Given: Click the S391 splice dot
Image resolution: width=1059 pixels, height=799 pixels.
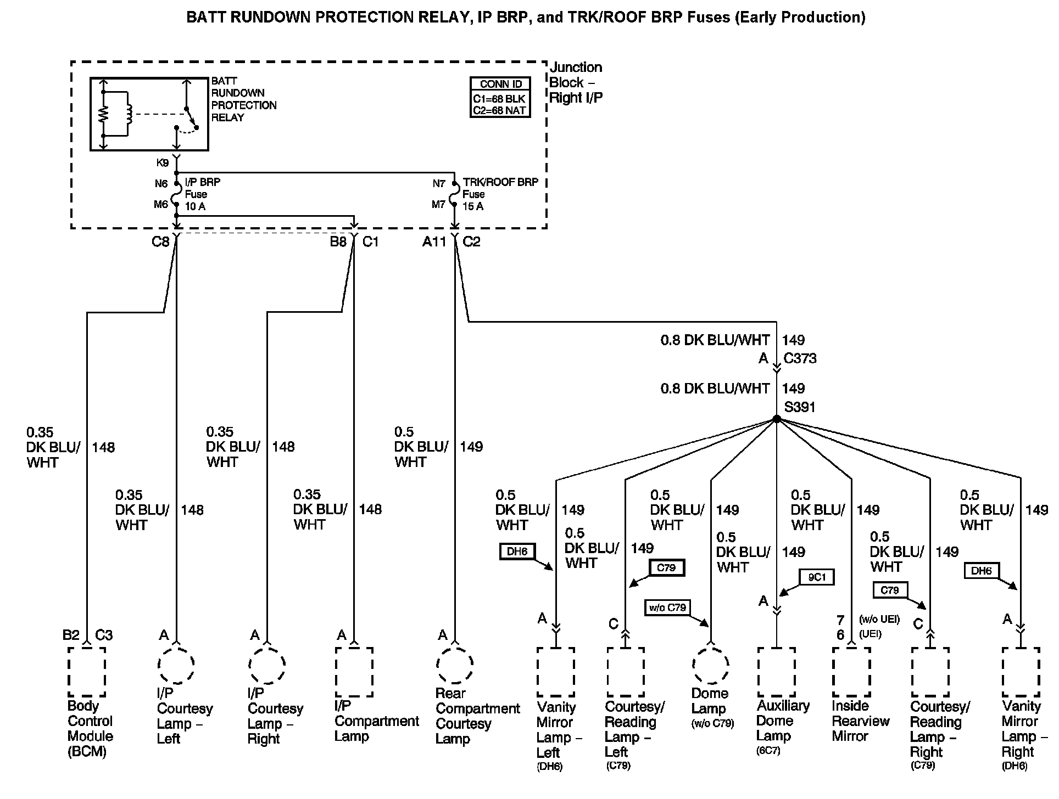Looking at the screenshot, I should pyautogui.click(x=776, y=419).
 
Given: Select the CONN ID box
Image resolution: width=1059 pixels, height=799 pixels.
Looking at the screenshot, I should pyautogui.click(x=500, y=97).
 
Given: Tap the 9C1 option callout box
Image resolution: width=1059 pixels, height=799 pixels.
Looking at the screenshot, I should pyautogui.click(x=816, y=577).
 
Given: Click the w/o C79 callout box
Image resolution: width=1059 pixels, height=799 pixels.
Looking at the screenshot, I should pyautogui.click(x=667, y=607).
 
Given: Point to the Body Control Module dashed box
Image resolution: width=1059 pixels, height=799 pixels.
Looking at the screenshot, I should pyautogui.click(x=87, y=672).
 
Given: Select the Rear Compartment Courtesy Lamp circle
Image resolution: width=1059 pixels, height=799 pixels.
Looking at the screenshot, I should pyautogui.click(x=455, y=665).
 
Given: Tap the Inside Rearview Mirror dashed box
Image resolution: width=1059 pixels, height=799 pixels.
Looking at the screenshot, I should pyautogui.click(x=851, y=672).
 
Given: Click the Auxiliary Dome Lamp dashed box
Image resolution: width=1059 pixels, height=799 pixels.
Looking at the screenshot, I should pyautogui.click(x=776, y=672).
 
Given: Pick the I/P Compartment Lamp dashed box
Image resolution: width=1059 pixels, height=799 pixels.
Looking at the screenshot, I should pyautogui.click(x=354, y=672).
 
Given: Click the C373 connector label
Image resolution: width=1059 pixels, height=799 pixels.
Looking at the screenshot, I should pyautogui.click(x=800, y=358).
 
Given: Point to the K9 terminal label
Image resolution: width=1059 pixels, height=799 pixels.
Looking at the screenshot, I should pyautogui.click(x=163, y=163).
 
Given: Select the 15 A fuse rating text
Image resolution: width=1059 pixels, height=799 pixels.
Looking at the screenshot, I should pyautogui.click(x=472, y=206).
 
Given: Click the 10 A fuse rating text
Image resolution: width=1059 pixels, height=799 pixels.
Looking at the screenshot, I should pyautogui.click(x=195, y=206).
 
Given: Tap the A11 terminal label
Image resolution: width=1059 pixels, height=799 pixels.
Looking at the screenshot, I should pyautogui.click(x=434, y=241).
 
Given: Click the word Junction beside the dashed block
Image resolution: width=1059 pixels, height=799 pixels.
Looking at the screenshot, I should pyautogui.click(x=576, y=67).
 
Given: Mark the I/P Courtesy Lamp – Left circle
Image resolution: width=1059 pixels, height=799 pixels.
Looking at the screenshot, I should pyautogui.click(x=176, y=665).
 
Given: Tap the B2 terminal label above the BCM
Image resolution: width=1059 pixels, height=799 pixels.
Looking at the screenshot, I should pyautogui.click(x=71, y=635).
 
